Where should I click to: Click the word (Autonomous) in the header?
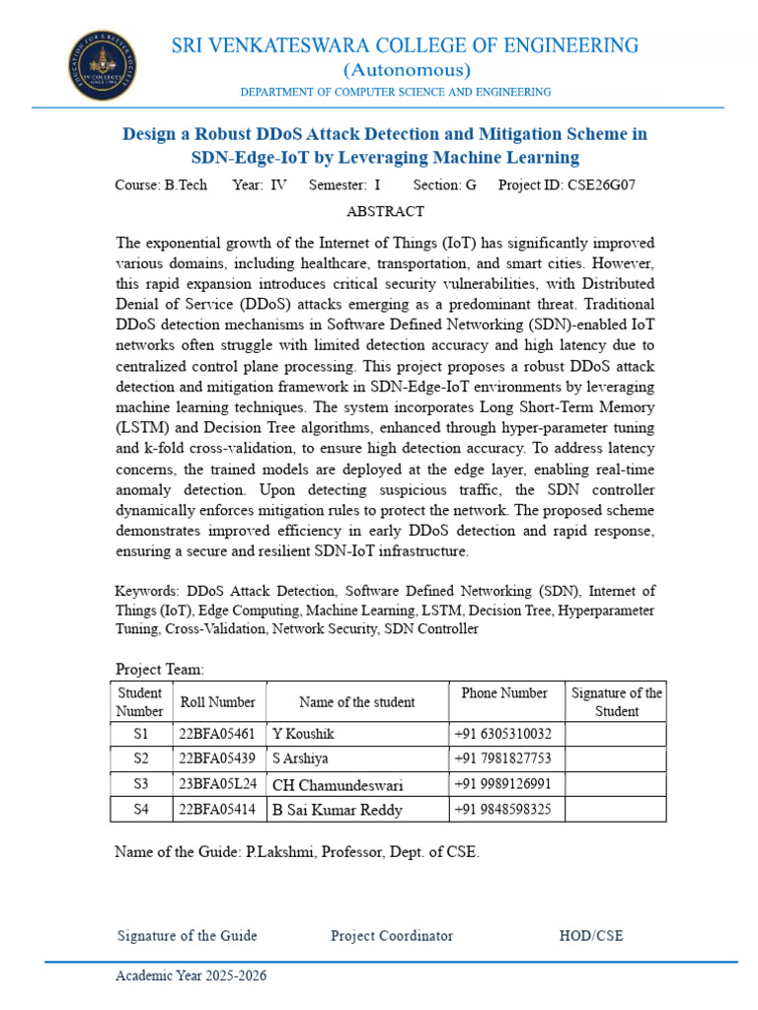[x=406, y=70]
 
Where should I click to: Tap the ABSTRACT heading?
[x=385, y=211]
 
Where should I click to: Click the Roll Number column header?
[x=217, y=702]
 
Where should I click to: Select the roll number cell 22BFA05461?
[x=217, y=734]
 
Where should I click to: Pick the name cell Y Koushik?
[x=302, y=734]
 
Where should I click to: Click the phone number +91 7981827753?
[x=502, y=758]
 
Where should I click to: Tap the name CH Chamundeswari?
[x=338, y=785]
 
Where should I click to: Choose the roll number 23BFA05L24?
[x=217, y=784]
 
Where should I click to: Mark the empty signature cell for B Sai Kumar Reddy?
[x=616, y=810]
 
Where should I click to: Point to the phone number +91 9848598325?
[x=502, y=810]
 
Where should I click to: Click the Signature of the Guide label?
[x=187, y=935]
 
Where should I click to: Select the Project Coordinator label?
[x=392, y=935]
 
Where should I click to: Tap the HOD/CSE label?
[x=591, y=935]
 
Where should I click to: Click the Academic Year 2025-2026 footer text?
[x=190, y=975]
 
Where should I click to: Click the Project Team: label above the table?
[x=160, y=669]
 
